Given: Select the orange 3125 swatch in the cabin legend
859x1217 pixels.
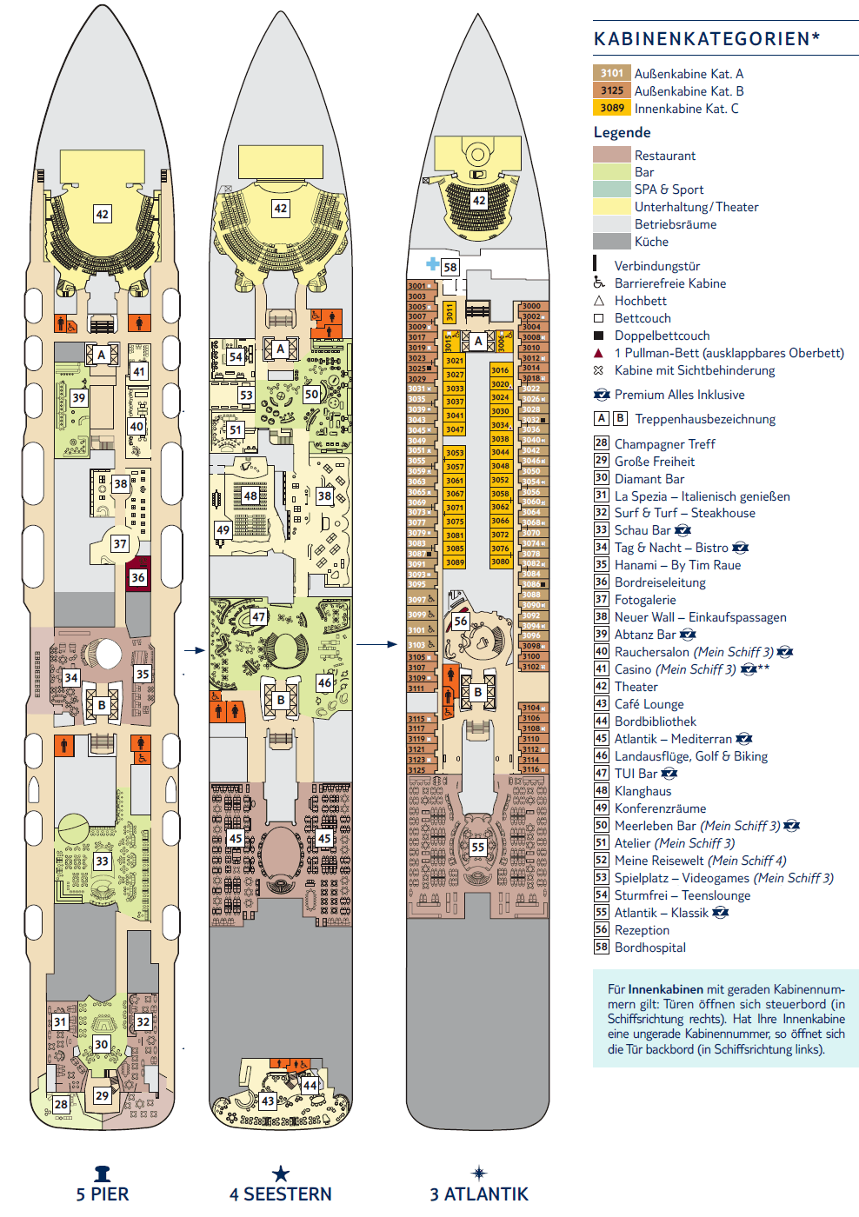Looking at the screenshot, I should [x=612, y=90].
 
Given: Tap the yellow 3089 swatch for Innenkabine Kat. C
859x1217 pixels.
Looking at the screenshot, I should [x=612, y=108].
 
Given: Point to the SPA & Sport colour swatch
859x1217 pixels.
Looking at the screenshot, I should [x=611, y=190].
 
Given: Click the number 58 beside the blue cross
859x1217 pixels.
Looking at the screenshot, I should [x=449, y=268].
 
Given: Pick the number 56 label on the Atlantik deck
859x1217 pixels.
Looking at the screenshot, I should [x=461, y=622].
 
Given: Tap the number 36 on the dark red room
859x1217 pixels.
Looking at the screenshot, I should [x=137, y=577].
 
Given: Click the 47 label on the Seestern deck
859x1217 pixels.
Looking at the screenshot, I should [x=258, y=617].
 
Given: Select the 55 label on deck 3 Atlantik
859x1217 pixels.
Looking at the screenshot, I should [x=477, y=847].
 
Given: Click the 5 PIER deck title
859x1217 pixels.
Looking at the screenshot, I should [x=103, y=1194].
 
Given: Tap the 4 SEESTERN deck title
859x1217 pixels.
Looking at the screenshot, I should [x=280, y=1194].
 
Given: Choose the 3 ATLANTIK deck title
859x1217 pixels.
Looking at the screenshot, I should [x=479, y=1194].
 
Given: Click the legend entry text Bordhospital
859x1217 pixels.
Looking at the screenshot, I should [x=649, y=948].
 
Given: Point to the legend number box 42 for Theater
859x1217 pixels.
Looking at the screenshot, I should [x=601, y=687].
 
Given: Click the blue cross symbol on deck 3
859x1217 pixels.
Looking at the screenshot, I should [x=432, y=263].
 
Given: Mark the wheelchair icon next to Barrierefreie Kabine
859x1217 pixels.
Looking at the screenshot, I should [x=599, y=283].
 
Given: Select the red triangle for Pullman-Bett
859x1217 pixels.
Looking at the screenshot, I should [x=598, y=353].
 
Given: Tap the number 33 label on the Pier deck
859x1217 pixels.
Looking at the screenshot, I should [x=103, y=861].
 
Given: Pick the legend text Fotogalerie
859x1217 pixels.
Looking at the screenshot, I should [x=644, y=600].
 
